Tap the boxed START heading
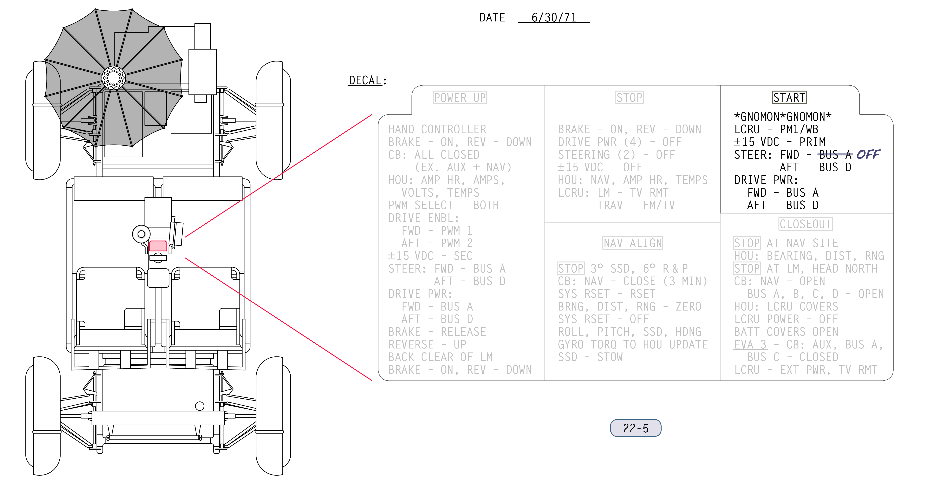pyautogui.click(x=789, y=98)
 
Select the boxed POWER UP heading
pyautogui.click(x=460, y=98)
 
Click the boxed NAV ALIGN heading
pyautogui.click(x=633, y=243)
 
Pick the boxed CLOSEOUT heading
pyautogui.click(x=805, y=224)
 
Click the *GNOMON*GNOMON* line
pyautogui.click(x=783, y=117)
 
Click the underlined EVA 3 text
pyautogui.click(x=750, y=344)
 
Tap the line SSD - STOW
pyautogui.click(x=590, y=357)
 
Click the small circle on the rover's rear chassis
pyautogui.click(x=200, y=406)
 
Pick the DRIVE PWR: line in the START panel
pyautogui.click(x=766, y=180)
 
